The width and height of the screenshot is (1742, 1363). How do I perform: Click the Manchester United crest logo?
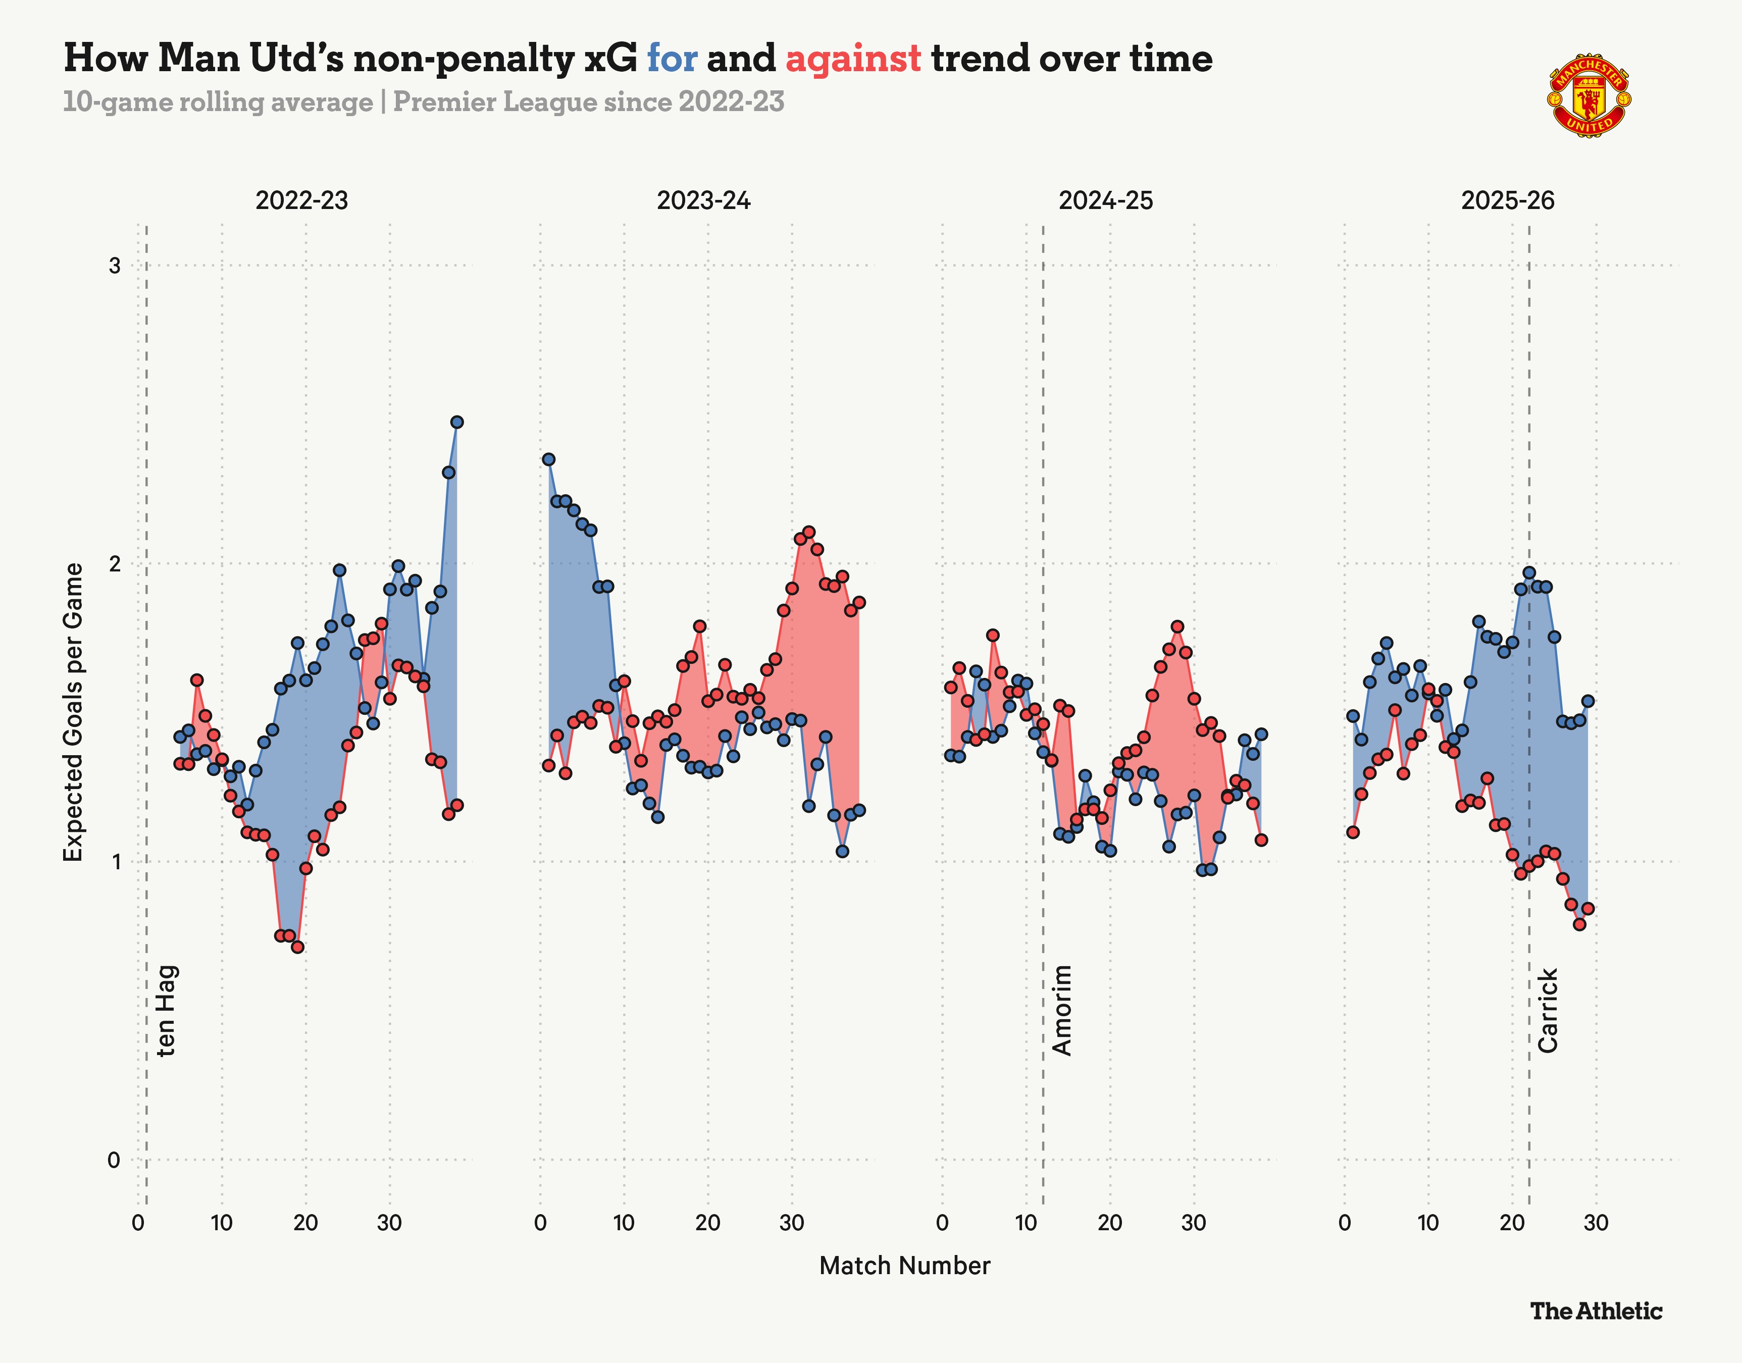pyautogui.click(x=1589, y=96)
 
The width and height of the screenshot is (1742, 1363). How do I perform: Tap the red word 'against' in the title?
pyautogui.click(x=853, y=58)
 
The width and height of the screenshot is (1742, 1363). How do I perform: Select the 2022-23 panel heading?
pyautogui.click(x=301, y=200)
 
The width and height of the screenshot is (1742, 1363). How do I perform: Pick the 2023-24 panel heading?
pyautogui.click(x=703, y=200)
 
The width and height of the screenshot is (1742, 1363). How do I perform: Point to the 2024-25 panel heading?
pyautogui.click(x=1105, y=200)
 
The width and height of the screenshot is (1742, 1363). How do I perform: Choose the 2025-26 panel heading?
pyautogui.click(x=1507, y=200)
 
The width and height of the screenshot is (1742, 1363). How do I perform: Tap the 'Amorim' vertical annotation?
pyautogui.click(x=1062, y=1010)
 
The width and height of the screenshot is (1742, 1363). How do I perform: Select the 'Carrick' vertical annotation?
pyautogui.click(x=1547, y=1010)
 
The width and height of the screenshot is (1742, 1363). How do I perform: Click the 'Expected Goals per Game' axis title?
pyautogui.click(x=73, y=712)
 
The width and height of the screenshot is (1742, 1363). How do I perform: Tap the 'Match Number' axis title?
pyautogui.click(x=904, y=1266)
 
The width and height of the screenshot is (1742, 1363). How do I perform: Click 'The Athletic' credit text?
pyautogui.click(x=1596, y=1311)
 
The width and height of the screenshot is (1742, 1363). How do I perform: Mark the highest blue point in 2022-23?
pyautogui.click(x=456, y=422)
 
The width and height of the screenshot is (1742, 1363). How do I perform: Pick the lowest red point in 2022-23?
pyautogui.click(x=297, y=947)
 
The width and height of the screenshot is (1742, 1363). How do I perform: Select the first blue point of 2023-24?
pyautogui.click(x=548, y=460)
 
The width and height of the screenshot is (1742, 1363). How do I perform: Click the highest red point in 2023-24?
pyautogui.click(x=808, y=532)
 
